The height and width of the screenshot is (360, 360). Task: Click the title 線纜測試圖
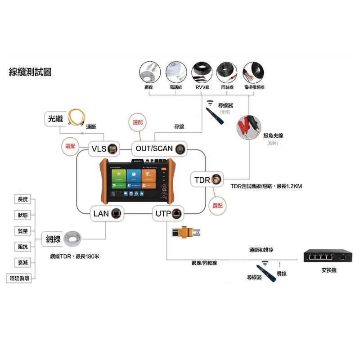point(30,72)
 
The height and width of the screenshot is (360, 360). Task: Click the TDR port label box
point(207,180)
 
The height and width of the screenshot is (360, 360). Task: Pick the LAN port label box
point(107,213)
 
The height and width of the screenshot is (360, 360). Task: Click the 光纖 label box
point(57,119)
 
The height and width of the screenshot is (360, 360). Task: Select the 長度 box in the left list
point(22,199)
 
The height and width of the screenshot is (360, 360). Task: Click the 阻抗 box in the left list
point(22,247)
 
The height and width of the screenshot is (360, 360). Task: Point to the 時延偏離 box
point(20,278)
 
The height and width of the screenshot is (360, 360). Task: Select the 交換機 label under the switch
point(329,270)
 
